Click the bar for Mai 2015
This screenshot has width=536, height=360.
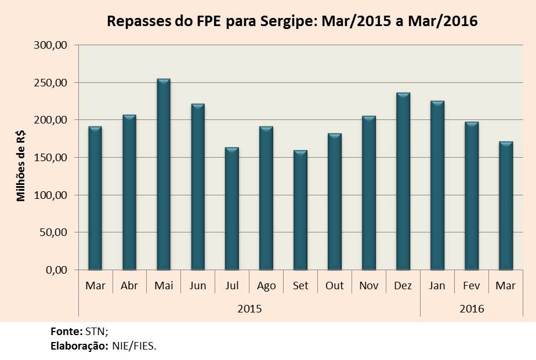pyautogui.click(x=164, y=174)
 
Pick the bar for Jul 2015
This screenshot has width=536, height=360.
pyautogui.click(x=232, y=209)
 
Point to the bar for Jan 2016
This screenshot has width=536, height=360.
pyautogui.click(x=437, y=186)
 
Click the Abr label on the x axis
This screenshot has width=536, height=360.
pyautogui.click(x=129, y=286)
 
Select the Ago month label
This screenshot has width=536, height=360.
pyautogui.click(x=266, y=286)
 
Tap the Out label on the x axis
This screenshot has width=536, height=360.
pyautogui.click(x=335, y=286)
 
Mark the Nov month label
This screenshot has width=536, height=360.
pyautogui.click(x=369, y=286)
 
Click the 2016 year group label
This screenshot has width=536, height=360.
pyautogui.click(x=472, y=308)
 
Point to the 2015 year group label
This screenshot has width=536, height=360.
pyautogui.click(x=249, y=308)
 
